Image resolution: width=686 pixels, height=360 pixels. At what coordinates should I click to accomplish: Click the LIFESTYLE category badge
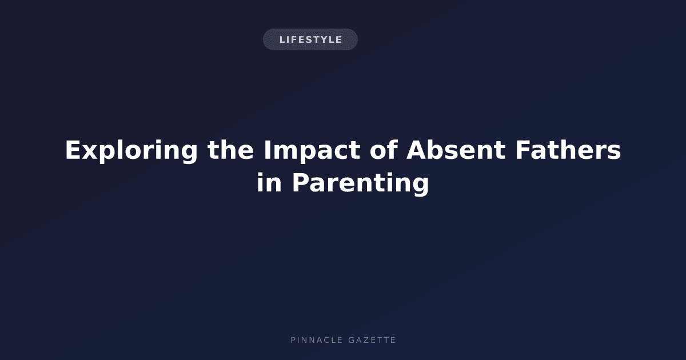click(310, 39)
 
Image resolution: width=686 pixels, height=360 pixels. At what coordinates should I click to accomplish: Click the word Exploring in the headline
click(131, 151)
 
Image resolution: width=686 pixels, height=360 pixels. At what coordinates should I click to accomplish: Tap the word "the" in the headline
click(230, 150)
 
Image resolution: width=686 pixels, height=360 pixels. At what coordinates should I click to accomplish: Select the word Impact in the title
click(312, 151)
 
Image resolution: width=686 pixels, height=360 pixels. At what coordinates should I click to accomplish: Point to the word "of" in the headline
click(384, 150)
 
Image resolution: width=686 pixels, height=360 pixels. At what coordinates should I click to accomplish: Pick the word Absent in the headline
click(456, 150)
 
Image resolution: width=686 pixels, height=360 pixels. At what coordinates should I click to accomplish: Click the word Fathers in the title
click(568, 150)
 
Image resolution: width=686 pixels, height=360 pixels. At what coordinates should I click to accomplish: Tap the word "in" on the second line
click(269, 182)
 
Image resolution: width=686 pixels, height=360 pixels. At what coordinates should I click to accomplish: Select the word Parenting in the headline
click(361, 184)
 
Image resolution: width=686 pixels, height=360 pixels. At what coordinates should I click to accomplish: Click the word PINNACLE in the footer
click(316, 340)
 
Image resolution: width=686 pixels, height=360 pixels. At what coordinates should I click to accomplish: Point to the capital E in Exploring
click(73, 150)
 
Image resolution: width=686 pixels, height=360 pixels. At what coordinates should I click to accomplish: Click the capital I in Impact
click(267, 150)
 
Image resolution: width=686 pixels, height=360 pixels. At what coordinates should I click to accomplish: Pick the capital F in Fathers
click(523, 150)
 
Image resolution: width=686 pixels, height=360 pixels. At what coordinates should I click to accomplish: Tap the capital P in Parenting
click(301, 182)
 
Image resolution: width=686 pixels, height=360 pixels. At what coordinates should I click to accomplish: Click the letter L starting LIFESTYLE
click(282, 39)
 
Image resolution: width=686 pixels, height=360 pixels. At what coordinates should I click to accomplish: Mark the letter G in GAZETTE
click(352, 340)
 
